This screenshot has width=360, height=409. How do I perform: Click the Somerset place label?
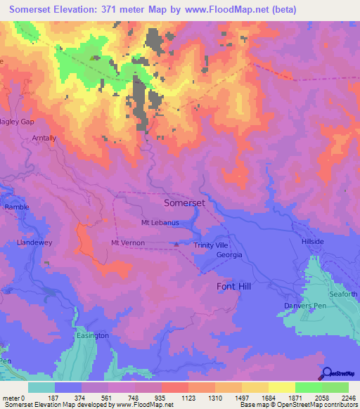click(184, 202)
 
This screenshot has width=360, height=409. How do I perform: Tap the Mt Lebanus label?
click(160, 223)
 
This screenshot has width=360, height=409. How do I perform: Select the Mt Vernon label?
click(127, 243)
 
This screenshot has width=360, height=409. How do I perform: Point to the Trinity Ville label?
click(211, 245)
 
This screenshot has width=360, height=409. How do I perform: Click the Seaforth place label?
click(342, 294)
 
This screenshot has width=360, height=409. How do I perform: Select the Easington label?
click(92, 335)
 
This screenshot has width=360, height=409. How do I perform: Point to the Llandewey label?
click(35, 242)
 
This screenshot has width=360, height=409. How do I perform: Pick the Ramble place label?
click(15, 208)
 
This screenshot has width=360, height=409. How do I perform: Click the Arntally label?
click(44, 139)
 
